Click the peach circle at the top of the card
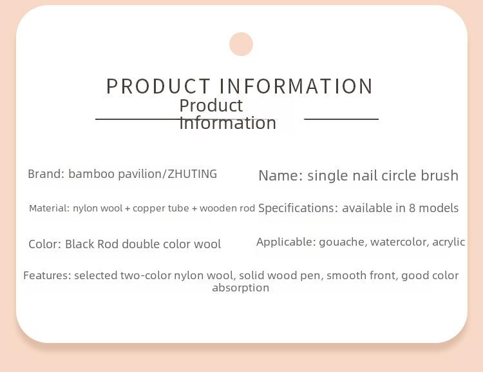tap(241, 44)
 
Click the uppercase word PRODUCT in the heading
tap(158, 86)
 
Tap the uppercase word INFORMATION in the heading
tap(296, 86)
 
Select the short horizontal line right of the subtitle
tap(341, 119)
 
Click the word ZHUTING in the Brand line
tap(192, 174)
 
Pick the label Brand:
tap(46, 174)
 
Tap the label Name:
tap(281, 175)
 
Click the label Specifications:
tap(296, 208)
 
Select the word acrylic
tap(448, 242)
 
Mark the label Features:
tap(48, 275)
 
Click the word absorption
tap(241, 288)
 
